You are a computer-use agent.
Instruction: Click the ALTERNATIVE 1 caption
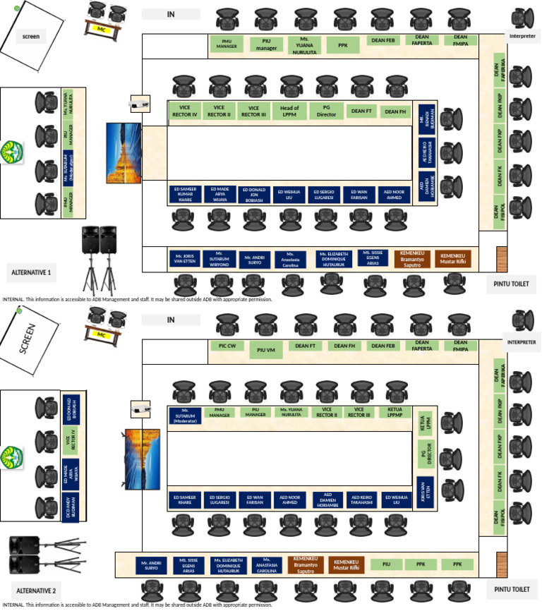click(x=34, y=271)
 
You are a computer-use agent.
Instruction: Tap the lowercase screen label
click(x=31, y=37)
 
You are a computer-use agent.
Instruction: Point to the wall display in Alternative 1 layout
click(x=119, y=152)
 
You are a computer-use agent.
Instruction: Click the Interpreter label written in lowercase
click(x=522, y=35)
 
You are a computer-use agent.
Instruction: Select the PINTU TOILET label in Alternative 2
click(x=511, y=588)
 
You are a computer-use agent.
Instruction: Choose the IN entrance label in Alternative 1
click(x=171, y=14)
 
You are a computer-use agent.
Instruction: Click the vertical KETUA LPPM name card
click(x=426, y=421)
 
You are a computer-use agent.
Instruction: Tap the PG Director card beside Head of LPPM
click(x=327, y=111)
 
